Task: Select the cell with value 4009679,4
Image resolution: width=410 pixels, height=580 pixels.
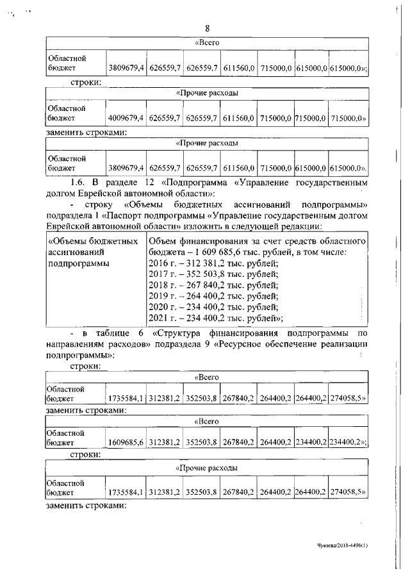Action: click(126, 118)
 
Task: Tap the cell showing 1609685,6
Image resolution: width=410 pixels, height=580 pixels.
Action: click(126, 442)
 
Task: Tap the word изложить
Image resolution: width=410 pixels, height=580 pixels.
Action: click(190, 226)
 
